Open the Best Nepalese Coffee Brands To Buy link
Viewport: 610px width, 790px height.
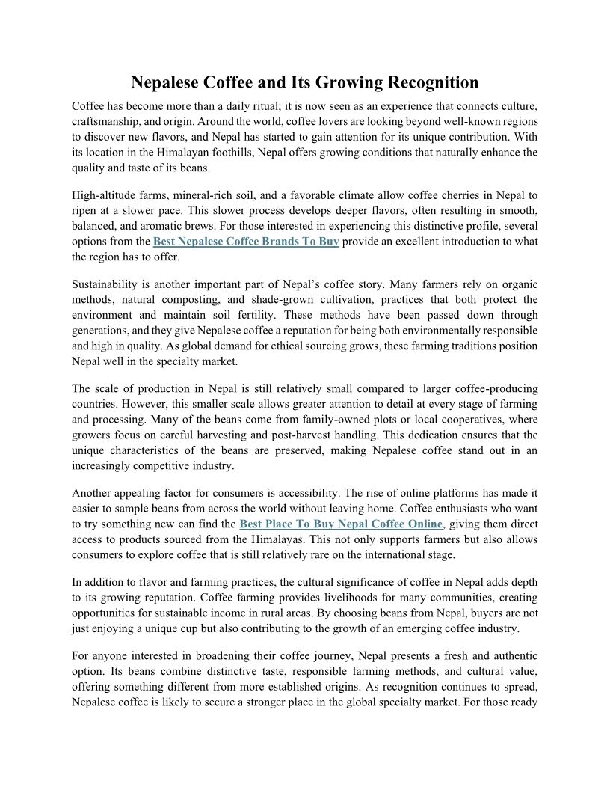(x=247, y=242)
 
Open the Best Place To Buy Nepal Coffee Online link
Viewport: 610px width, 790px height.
(x=342, y=524)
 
